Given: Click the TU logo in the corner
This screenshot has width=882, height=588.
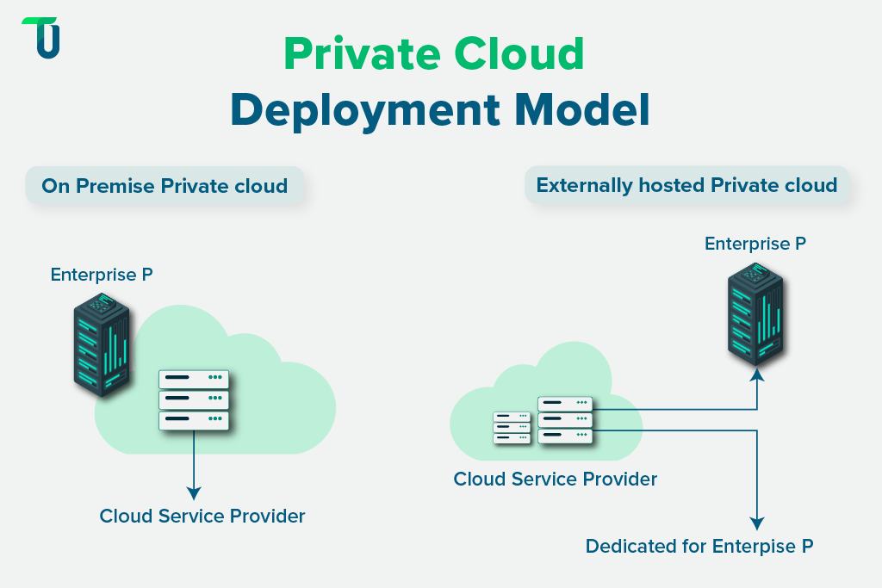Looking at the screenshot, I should click(x=40, y=38).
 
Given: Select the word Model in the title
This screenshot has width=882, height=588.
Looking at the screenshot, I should click(x=581, y=110).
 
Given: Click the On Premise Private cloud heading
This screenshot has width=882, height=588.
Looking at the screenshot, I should click(x=164, y=186).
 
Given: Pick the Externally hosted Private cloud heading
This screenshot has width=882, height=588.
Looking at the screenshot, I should click(x=686, y=185).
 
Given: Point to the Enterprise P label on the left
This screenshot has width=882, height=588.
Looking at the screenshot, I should click(x=102, y=275).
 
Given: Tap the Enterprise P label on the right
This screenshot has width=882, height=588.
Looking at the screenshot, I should click(x=755, y=244).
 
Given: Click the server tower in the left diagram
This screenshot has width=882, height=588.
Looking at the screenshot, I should click(x=102, y=344).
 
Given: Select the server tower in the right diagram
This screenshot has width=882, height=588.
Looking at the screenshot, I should click(x=755, y=313).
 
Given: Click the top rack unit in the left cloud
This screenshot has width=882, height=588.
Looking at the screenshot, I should click(x=194, y=379).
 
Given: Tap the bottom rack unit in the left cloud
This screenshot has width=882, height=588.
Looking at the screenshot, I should click(x=194, y=420).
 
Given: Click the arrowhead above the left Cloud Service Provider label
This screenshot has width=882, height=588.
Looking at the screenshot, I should click(x=194, y=493).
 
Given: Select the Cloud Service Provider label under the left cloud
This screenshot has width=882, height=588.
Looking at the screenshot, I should click(x=202, y=517).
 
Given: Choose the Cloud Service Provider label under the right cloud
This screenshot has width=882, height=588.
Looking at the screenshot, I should click(x=556, y=479).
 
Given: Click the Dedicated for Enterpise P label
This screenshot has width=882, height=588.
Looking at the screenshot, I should click(x=699, y=546).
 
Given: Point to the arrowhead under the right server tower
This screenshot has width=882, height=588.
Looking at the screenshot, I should click(x=756, y=374).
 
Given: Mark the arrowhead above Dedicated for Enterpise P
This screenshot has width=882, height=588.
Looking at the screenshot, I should click(x=756, y=523).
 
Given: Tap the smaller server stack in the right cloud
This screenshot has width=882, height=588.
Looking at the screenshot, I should click(x=512, y=427).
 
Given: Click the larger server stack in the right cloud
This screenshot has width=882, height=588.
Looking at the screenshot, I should click(x=565, y=419).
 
